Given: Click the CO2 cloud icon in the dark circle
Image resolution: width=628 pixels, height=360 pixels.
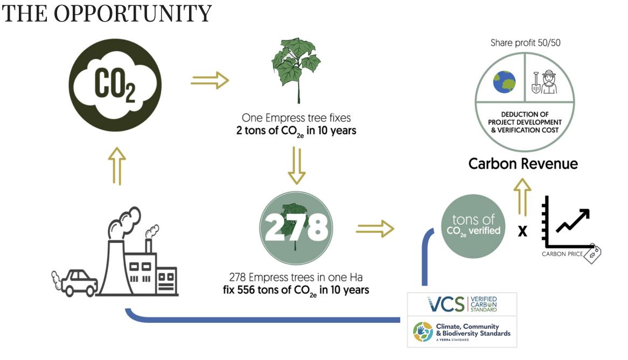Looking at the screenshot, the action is click(x=115, y=85).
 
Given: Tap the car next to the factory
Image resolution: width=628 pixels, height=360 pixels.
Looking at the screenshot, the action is click(x=75, y=283).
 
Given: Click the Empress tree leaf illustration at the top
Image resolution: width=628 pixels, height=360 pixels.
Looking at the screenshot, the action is click(x=297, y=71).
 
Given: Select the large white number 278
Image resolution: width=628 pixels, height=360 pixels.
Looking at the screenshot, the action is click(x=296, y=227).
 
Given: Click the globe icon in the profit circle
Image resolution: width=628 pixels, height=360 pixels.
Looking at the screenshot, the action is click(x=504, y=82).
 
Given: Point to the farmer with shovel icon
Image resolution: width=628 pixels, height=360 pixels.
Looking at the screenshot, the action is click(x=545, y=82).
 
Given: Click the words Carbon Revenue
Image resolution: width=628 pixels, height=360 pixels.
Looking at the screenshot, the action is click(x=523, y=164).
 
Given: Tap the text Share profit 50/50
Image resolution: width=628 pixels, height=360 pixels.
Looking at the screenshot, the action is click(x=526, y=43).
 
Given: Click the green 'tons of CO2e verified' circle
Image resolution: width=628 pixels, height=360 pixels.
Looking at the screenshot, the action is click(x=473, y=226).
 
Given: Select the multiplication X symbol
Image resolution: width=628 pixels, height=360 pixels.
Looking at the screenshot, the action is click(x=522, y=231).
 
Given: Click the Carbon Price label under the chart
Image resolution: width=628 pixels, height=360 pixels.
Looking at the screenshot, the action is click(x=562, y=254).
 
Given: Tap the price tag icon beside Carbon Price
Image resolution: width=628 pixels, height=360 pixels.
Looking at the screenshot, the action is click(x=592, y=254).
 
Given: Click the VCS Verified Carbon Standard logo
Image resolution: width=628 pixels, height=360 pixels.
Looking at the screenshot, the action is click(x=462, y=304).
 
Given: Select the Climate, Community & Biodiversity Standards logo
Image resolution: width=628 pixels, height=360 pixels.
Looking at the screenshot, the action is click(x=462, y=332).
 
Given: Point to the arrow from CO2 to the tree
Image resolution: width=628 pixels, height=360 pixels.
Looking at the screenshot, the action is click(x=210, y=81).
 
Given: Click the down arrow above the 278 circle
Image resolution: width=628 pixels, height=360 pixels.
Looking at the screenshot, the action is click(x=297, y=165).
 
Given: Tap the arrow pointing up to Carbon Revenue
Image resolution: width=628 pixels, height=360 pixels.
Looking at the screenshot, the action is click(x=522, y=197).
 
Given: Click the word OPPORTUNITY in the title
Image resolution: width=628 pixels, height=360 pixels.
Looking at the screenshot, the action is click(x=132, y=13).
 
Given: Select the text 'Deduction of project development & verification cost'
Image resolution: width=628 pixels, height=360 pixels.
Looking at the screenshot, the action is click(x=525, y=122).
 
